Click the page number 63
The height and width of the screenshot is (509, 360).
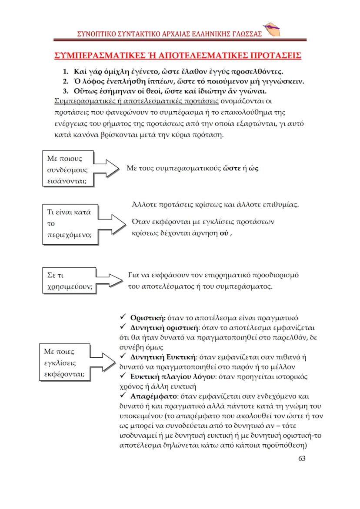click(x=302, y=458)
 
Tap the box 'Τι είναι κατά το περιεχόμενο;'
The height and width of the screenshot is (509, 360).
click(x=70, y=223)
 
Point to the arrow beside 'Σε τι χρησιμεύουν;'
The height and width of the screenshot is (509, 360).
click(x=111, y=280)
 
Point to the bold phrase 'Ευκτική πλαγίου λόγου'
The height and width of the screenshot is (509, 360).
click(x=169, y=376)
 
